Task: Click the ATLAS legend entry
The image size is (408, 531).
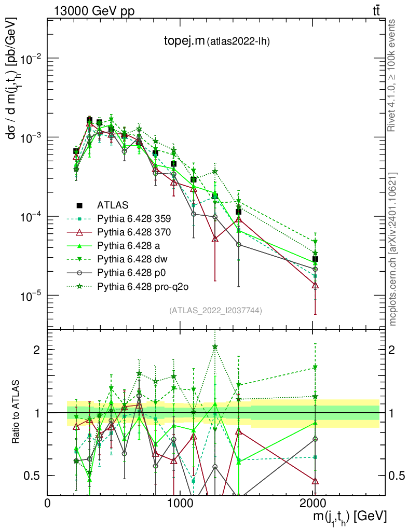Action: point(113,205)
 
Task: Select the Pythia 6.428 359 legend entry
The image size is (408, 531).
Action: point(134,218)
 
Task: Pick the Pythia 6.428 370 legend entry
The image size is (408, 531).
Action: point(134,232)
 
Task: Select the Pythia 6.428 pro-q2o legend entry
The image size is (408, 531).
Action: point(140,286)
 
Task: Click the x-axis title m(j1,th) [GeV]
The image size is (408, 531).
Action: point(349,517)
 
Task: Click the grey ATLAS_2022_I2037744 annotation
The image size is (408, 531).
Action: point(215,311)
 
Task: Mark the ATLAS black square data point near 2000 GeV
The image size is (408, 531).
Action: point(315,259)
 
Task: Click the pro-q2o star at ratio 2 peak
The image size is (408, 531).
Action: point(215,347)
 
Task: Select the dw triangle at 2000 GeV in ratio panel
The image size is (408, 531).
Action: point(315,368)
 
